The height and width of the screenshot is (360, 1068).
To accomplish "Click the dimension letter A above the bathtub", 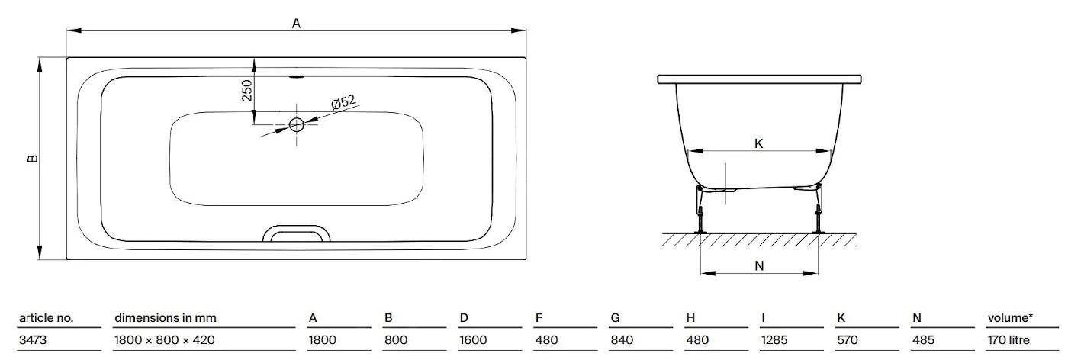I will click(x=296, y=23).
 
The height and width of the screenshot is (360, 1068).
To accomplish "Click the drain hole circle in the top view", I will click(x=297, y=124).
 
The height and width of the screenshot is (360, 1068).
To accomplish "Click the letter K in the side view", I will click(x=758, y=143).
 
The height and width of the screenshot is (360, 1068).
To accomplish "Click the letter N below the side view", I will click(x=759, y=265).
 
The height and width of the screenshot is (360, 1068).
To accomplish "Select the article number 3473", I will click(x=33, y=340).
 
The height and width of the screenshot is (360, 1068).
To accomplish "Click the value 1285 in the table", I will click(x=775, y=340).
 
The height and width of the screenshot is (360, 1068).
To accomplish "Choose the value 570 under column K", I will click(x=847, y=340).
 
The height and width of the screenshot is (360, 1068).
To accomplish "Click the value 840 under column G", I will click(x=622, y=340).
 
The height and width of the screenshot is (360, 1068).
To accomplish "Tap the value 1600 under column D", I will click(x=473, y=340).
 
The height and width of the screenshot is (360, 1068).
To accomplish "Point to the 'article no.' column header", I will click(x=45, y=317).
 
